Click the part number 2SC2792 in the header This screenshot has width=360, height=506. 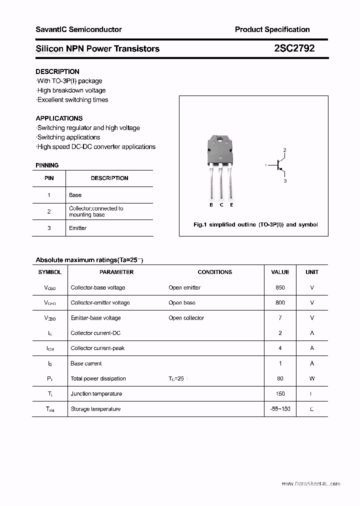(x=294, y=48)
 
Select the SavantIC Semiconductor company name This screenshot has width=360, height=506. (x=78, y=29)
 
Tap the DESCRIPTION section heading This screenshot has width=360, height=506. (x=57, y=71)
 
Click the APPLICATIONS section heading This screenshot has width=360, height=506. (x=59, y=118)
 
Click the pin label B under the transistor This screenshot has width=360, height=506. (x=211, y=205)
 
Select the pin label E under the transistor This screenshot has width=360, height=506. (x=231, y=205)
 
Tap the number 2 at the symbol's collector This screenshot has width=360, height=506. (x=284, y=150)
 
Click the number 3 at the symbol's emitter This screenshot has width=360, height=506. (x=285, y=181)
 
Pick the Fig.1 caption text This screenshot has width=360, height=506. (x=255, y=225)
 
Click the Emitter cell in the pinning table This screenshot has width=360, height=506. (x=77, y=228)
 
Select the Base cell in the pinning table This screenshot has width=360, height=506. (x=75, y=195)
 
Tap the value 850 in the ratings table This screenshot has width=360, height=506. (x=280, y=287)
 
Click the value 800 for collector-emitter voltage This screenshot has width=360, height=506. (x=280, y=302)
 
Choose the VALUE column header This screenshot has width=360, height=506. (x=280, y=272)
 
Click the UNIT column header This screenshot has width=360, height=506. (x=312, y=272)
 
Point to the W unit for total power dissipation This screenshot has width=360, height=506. (x=312, y=378)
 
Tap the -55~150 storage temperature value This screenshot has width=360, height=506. (x=280, y=409)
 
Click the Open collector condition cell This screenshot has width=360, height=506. (x=186, y=318)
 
